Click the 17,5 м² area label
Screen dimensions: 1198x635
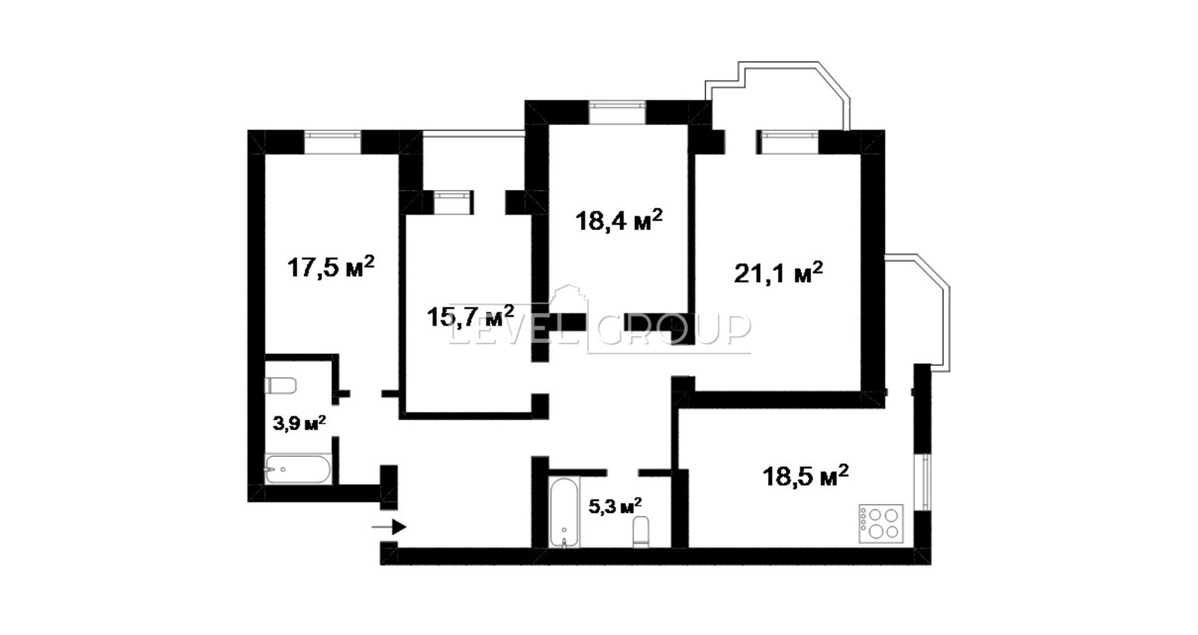click(330, 267)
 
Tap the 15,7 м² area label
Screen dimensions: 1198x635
click(471, 315)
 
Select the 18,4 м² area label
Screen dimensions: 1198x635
click(618, 219)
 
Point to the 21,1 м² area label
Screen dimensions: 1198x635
click(778, 273)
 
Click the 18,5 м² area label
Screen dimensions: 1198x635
click(806, 476)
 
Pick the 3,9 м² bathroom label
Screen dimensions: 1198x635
click(299, 423)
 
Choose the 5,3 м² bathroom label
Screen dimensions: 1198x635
click(615, 505)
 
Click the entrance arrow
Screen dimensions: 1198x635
click(389, 527)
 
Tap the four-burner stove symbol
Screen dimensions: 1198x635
click(881, 523)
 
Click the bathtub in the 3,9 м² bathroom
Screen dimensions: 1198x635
click(298, 470)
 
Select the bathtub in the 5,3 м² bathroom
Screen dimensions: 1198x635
click(565, 512)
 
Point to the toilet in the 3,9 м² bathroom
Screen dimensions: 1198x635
click(280, 385)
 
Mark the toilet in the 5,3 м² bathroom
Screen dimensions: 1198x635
click(641, 532)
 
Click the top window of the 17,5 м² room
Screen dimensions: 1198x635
click(332, 142)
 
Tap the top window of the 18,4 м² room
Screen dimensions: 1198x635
click(617, 112)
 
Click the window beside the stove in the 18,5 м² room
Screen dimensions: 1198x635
click(924, 482)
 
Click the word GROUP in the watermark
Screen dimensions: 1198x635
click(674, 329)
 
